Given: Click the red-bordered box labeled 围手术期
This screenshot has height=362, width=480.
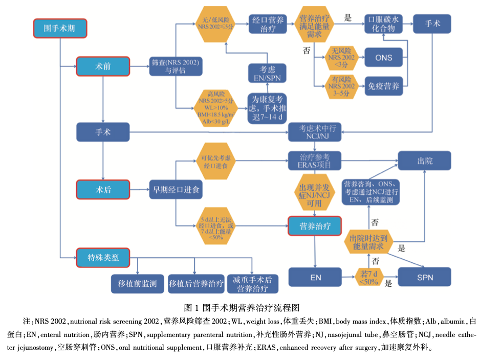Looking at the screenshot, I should pyautogui.click(x=60, y=28).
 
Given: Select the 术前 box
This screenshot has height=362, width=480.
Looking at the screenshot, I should pyautogui.click(x=103, y=66).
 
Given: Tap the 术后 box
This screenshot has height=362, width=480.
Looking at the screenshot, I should pyautogui.click(x=103, y=189).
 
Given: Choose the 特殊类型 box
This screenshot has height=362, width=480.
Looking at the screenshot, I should pyautogui.click(x=103, y=257).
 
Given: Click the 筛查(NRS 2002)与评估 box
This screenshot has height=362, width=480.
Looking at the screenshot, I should pyautogui.click(x=175, y=66).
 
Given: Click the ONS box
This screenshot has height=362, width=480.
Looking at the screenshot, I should pyautogui.click(x=383, y=58).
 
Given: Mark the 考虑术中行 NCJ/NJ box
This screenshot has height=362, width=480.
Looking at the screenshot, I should pyautogui.click(x=317, y=132).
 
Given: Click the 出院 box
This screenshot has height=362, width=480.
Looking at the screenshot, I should pyautogui.click(x=425, y=161).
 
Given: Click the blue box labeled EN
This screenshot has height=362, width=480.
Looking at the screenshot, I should pyautogui.click(x=315, y=278).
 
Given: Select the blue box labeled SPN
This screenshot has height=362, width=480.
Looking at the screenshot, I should pyautogui.click(x=425, y=278).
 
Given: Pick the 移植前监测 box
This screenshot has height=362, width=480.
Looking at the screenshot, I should pyautogui.click(x=137, y=284).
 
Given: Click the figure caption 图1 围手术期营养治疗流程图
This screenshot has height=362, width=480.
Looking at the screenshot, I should pyautogui.click(x=241, y=307).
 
